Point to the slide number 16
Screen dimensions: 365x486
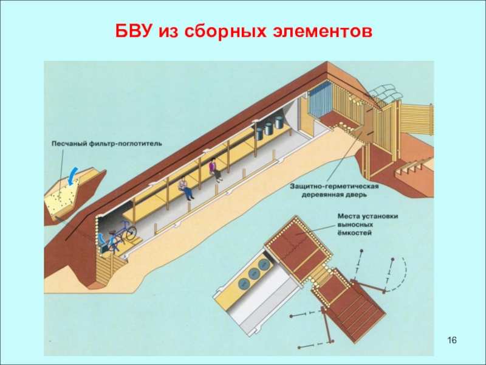451,338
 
